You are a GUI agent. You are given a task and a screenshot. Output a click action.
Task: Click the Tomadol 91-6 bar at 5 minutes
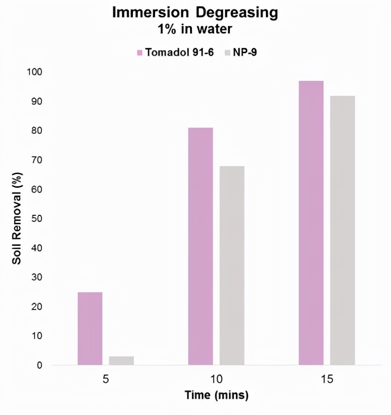click(x=90, y=328)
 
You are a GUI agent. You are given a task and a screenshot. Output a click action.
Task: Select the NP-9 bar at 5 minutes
click(x=121, y=360)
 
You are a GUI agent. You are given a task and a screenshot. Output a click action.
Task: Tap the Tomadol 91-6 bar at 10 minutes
click(x=200, y=246)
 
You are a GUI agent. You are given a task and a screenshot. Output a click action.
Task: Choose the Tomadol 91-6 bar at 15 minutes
click(x=311, y=223)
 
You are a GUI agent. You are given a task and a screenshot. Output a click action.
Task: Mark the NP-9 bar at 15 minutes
click(x=342, y=230)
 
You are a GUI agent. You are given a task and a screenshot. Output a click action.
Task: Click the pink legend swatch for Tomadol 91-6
click(x=140, y=52)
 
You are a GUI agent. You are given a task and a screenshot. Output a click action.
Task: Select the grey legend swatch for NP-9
click(x=228, y=52)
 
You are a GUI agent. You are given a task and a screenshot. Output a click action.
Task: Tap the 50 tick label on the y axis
click(x=35, y=218)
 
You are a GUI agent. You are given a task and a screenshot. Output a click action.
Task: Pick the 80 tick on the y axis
click(x=35, y=131)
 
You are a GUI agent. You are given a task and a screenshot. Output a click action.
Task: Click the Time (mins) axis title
click(x=217, y=395)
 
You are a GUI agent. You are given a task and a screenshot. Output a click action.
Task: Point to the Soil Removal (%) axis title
click(x=17, y=218)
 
